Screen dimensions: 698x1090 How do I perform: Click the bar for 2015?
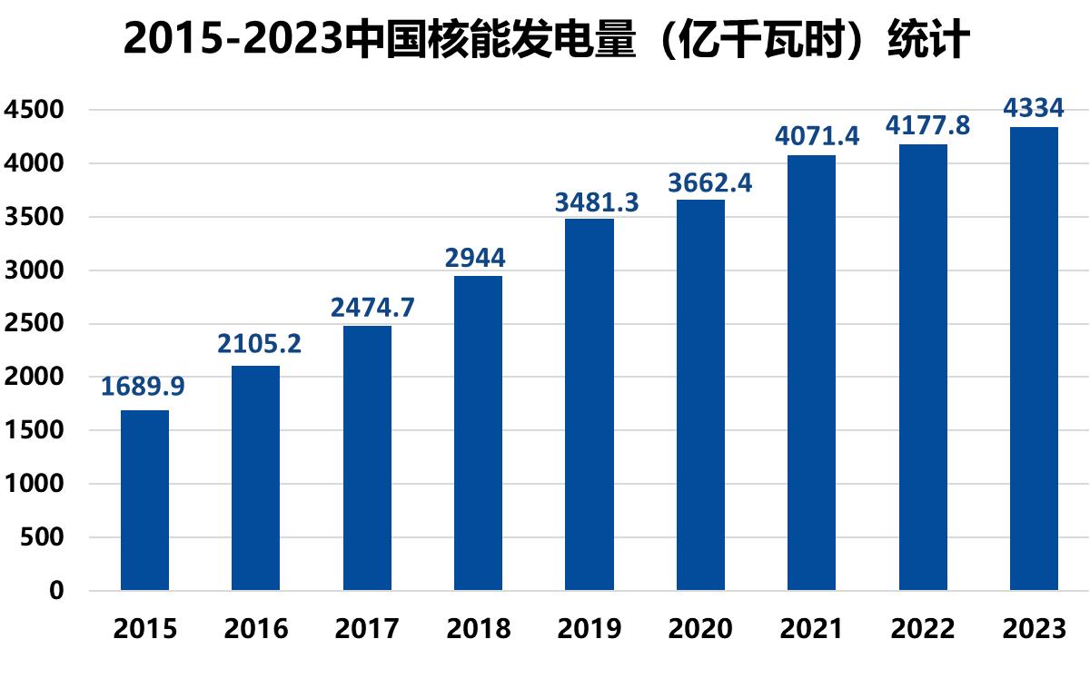click(144, 500)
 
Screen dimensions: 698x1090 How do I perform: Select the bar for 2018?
click(478, 433)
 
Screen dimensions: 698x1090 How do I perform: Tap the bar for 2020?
click(700, 395)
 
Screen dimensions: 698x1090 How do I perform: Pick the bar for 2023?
click(1034, 359)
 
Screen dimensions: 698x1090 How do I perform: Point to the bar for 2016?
click(255, 477)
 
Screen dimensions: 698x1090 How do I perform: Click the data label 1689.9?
click(143, 387)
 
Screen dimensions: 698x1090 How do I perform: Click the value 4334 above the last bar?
click(1033, 109)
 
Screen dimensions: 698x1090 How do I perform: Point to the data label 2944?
click(475, 258)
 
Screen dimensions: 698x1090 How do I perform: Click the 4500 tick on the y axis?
click(34, 110)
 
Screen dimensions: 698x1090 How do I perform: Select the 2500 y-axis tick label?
click(34, 324)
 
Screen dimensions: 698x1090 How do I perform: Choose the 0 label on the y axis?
click(57, 591)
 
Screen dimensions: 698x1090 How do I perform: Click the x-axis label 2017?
click(367, 628)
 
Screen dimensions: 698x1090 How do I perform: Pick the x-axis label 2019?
click(590, 628)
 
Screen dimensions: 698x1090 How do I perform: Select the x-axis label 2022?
click(923, 628)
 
